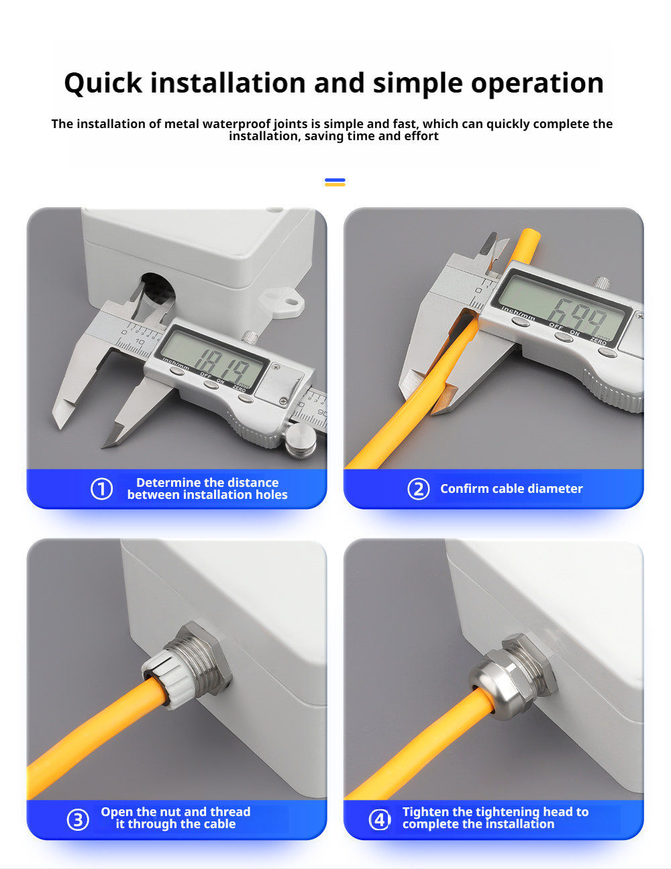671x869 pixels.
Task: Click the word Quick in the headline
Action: tap(103, 83)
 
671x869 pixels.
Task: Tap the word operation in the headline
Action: tap(537, 84)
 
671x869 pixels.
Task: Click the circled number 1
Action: tap(101, 489)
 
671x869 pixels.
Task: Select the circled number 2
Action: tap(418, 489)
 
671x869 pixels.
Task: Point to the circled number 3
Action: tap(77, 819)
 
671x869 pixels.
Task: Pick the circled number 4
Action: tap(379, 819)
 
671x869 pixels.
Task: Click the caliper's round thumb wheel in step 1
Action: tap(301, 439)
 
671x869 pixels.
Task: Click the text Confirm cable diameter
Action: tap(511, 489)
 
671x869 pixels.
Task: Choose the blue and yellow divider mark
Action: tap(335, 182)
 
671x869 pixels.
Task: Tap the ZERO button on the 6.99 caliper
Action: tap(607, 352)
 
